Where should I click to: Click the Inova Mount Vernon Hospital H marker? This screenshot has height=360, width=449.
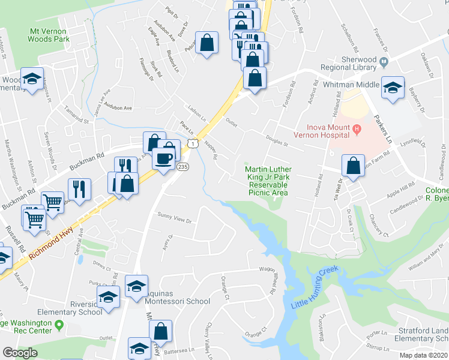tap(357, 128)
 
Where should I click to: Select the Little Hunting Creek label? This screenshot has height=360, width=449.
tap(315, 287)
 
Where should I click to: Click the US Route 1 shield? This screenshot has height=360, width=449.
tap(191, 143)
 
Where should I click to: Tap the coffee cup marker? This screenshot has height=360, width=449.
tap(164, 158)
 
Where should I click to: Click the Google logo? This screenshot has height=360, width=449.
tap(20, 352)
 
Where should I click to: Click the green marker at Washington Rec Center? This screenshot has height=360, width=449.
tap(59, 325)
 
